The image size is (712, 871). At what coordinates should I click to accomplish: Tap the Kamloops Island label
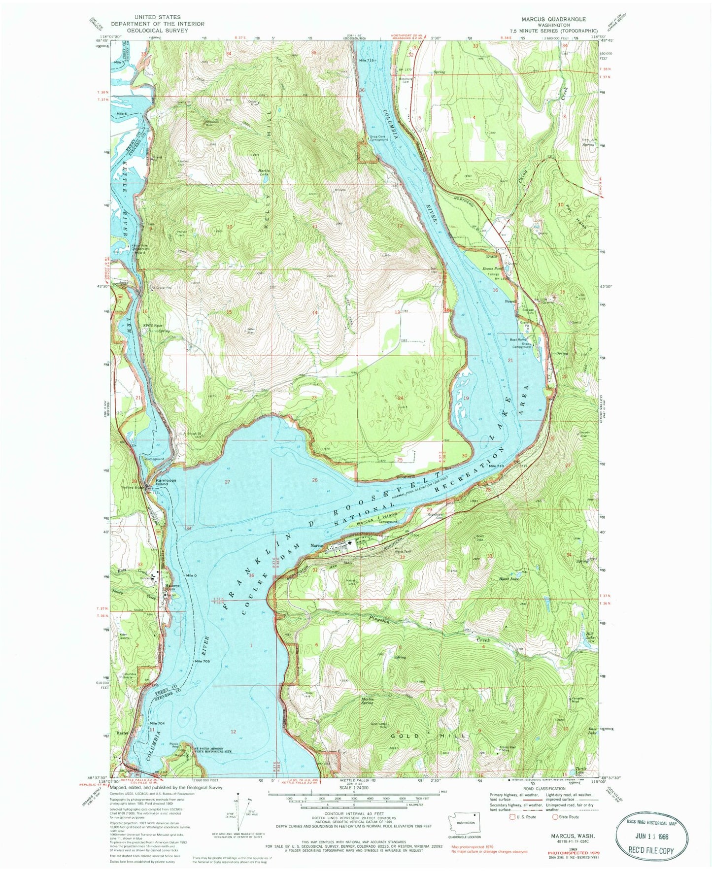(162, 482)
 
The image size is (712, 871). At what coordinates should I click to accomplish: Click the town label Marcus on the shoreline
(316, 545)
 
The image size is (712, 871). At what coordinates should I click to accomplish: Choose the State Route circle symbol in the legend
(555, 817)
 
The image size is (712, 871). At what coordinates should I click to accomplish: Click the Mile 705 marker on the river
(202, 661)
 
